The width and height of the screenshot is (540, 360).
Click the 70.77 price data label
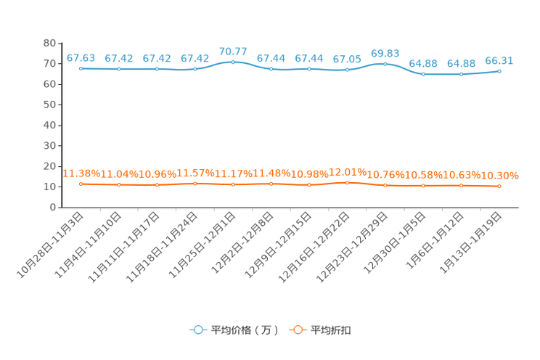pos(233,52)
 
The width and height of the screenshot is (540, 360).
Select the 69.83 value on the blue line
pos(385,54)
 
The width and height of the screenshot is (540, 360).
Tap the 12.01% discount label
pos(348,172)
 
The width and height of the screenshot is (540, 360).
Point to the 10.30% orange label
pos(499,176)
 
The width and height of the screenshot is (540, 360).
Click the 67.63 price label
pos(81,58)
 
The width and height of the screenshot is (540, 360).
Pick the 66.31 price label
pos(499,61)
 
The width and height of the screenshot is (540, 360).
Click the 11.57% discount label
pos(195,173)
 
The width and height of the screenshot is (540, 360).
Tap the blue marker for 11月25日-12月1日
pos(233,62)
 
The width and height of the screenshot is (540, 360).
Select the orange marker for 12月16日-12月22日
pos(347,183)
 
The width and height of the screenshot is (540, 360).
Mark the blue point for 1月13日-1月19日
pos(499,71)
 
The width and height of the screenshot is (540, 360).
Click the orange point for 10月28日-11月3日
pos(81,184)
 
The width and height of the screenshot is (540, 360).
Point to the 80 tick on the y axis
pos(49,43)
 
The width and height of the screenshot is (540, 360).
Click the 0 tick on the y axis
pos(53,208)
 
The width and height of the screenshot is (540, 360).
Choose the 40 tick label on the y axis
pos(49,125)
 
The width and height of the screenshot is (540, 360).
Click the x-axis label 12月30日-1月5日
pos(395,243)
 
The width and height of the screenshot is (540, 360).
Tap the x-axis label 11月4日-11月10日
pos(88,245)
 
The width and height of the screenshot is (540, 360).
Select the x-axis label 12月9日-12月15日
pos(278,245)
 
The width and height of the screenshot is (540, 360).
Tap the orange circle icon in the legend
pos(298,330)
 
